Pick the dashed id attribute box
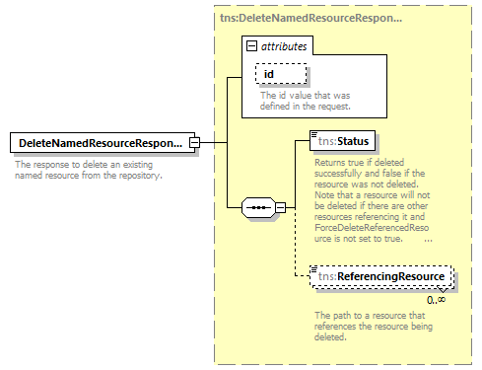pos(282,74)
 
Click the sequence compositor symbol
pos(258,208)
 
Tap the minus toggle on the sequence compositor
pos(280,208)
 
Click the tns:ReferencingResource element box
pos(380,278)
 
